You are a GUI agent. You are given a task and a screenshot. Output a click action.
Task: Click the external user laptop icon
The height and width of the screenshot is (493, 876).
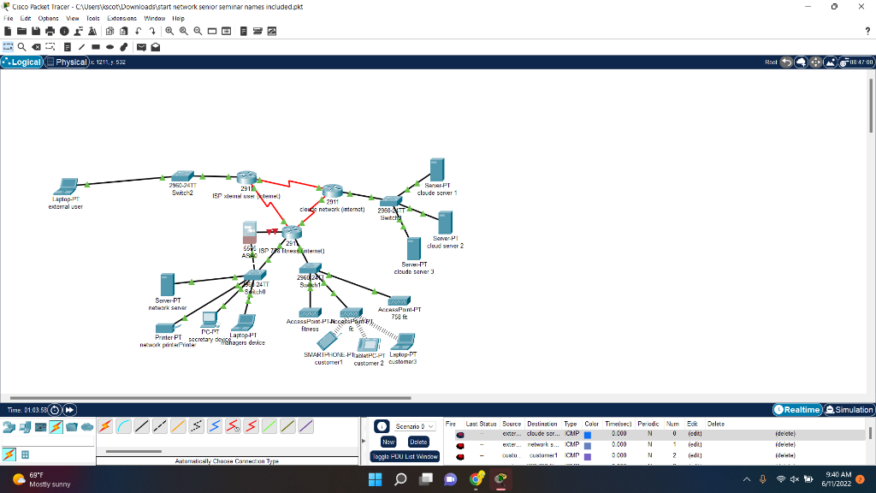tap(65, 187)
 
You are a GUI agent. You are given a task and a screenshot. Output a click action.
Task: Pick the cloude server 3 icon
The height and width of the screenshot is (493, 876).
tap(414, 249)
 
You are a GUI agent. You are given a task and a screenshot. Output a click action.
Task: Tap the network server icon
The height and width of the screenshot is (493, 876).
tap(167, 285)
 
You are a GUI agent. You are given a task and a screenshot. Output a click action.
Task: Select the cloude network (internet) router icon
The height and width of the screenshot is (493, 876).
tap(332, 192)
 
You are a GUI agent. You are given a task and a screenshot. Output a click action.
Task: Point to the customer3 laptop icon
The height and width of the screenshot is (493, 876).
tap(403, 342)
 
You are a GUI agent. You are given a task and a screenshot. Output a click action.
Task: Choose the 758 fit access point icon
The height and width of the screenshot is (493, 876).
tap(399, 301)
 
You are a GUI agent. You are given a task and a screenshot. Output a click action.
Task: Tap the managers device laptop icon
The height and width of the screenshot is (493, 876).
tap(245, 323)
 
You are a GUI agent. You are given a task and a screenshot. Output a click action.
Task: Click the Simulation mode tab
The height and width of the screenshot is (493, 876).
tap(847, 410)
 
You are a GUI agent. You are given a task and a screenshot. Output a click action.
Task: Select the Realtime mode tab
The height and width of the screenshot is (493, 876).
tap(798, 410)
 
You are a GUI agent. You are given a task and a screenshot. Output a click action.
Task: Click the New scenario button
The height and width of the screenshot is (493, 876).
tap(388, 442)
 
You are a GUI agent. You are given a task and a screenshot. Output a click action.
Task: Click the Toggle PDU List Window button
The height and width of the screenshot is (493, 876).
tap(405, 456)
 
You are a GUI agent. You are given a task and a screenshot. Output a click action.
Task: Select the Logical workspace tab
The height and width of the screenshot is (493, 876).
tap(22, 62)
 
